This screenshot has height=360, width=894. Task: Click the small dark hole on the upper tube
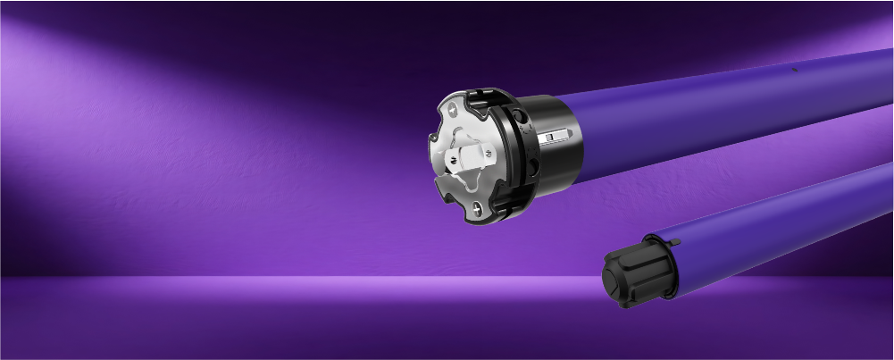pyautogui.click(x=793, y=67)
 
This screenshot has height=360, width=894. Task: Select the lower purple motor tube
pyautogui.click(x=768, y=223)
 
